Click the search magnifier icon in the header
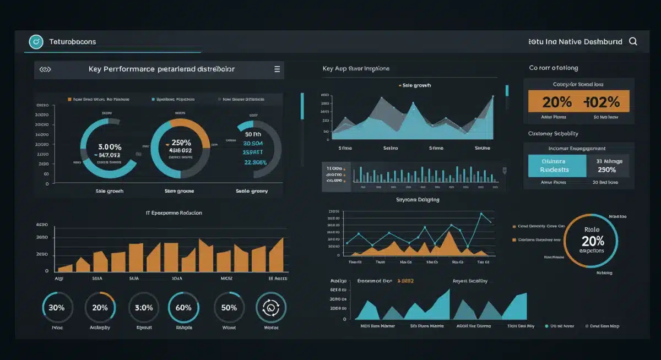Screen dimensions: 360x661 [x=633, y=41]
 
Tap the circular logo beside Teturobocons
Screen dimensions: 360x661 [x=36, y=41]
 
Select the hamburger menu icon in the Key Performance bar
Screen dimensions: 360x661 [x=277, y=69]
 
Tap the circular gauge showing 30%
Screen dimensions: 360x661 [x=57, y=308]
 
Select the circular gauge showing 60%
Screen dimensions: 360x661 [x=183, y=308]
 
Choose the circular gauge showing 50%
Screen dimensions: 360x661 [x=229, y=308]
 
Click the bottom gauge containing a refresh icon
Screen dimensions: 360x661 [x=271, y=308]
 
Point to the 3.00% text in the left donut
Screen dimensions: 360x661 [x=109, y=147]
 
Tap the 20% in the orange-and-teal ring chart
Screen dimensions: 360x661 [x=592, y=241]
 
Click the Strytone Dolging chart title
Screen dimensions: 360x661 [x=418, y=200]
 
